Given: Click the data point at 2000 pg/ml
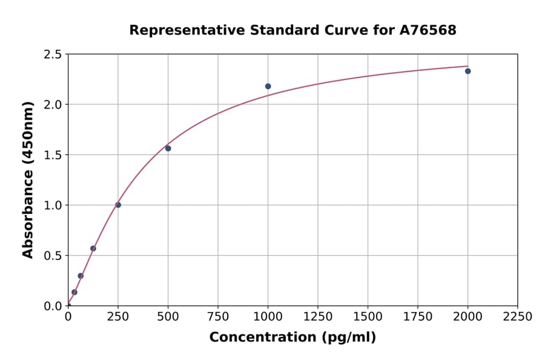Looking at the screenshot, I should (467, 71).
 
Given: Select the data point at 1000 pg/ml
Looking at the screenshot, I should (268, 86).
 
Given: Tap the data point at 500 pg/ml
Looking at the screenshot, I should (168, 148).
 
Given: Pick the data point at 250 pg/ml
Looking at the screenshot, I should (118, 205).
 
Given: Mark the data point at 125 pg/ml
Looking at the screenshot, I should (93, 248).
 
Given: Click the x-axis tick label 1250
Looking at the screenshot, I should (318, 317).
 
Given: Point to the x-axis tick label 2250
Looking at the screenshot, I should (518, 317).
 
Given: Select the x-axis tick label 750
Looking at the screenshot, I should (218, 317).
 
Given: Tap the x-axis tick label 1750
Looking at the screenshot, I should (418, 317).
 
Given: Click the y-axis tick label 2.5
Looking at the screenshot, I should (53, 55).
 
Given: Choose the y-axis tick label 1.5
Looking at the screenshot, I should (53, 155).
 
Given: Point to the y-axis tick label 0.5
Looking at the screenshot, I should (53, 256).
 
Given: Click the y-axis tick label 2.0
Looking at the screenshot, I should (53, 105).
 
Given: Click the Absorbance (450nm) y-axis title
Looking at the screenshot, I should (28, 179).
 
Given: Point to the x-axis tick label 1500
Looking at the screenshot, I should (368, 317).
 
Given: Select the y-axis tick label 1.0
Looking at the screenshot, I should (53, 205).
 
